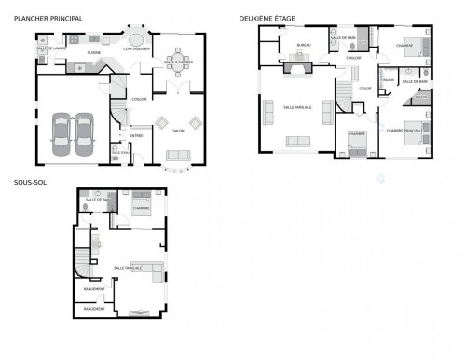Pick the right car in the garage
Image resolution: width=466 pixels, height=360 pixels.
coord(85,136)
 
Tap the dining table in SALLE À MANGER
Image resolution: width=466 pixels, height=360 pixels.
coord(177,62)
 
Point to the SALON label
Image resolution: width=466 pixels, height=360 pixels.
coord(177,131)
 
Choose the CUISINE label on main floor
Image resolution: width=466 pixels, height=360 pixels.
coord(93,53)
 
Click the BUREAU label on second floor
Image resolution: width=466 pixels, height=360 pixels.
coord(303,45)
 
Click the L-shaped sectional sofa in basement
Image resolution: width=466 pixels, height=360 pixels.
coord(150,271)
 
